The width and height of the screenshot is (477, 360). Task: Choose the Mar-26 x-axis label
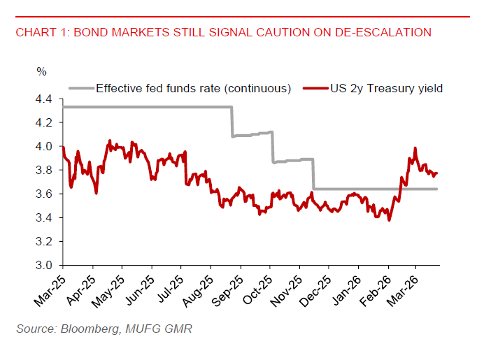404,286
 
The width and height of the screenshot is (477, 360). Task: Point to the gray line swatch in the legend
80,89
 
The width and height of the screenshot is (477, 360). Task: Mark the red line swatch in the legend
314,89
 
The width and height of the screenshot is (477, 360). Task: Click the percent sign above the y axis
41,71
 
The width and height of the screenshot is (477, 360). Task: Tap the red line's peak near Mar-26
415,148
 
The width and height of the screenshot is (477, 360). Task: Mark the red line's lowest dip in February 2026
389,220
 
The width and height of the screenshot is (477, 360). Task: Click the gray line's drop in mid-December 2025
313,174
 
